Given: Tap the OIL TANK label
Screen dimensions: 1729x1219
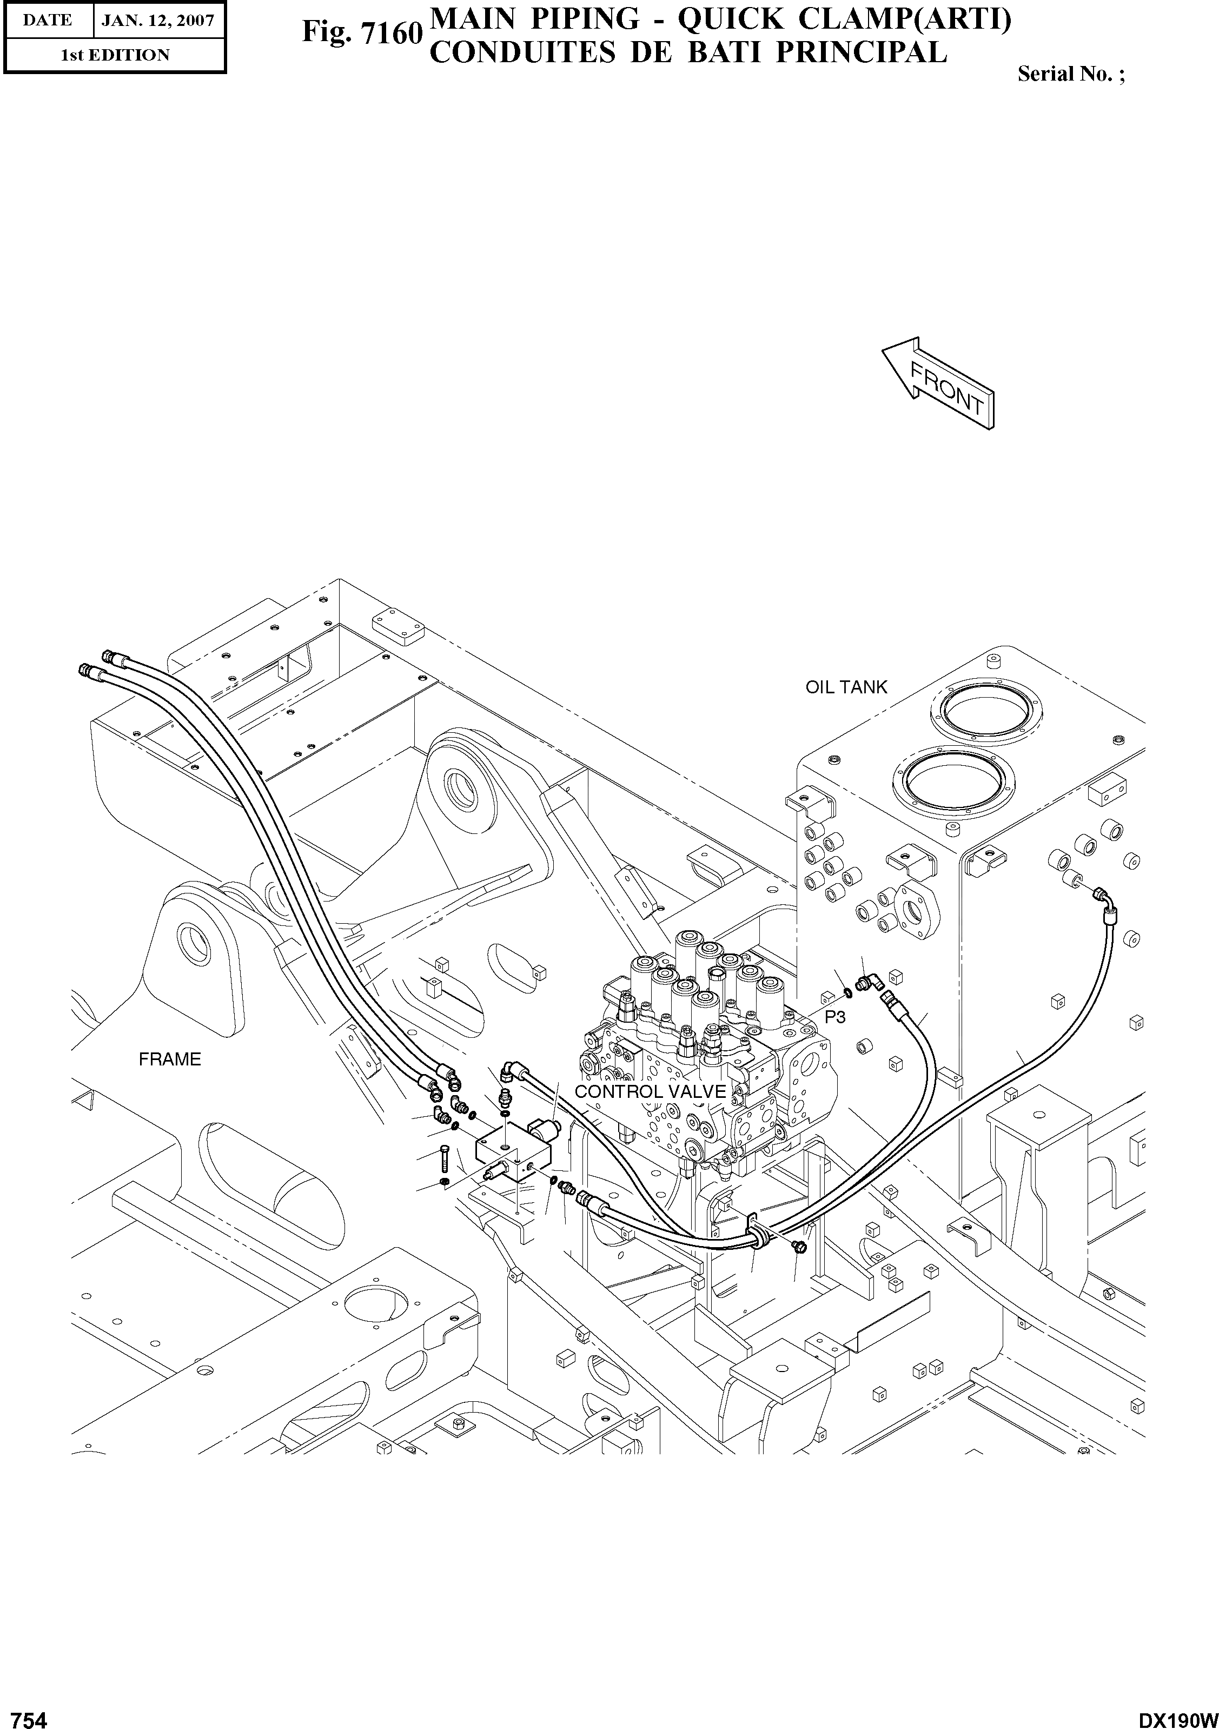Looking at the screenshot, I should tap(846, 687).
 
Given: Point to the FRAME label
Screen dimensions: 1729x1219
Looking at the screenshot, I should tap(170, 1059).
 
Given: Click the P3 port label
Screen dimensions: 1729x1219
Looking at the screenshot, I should tap(835, 1017).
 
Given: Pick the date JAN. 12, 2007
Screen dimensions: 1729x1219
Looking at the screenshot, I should tap(158, 21).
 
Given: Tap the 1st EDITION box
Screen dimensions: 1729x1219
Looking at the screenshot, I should tap(115, 55).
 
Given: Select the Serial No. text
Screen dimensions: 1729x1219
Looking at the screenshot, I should tap(1070, 74).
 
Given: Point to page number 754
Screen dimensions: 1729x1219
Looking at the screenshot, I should tap(24, 1714).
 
